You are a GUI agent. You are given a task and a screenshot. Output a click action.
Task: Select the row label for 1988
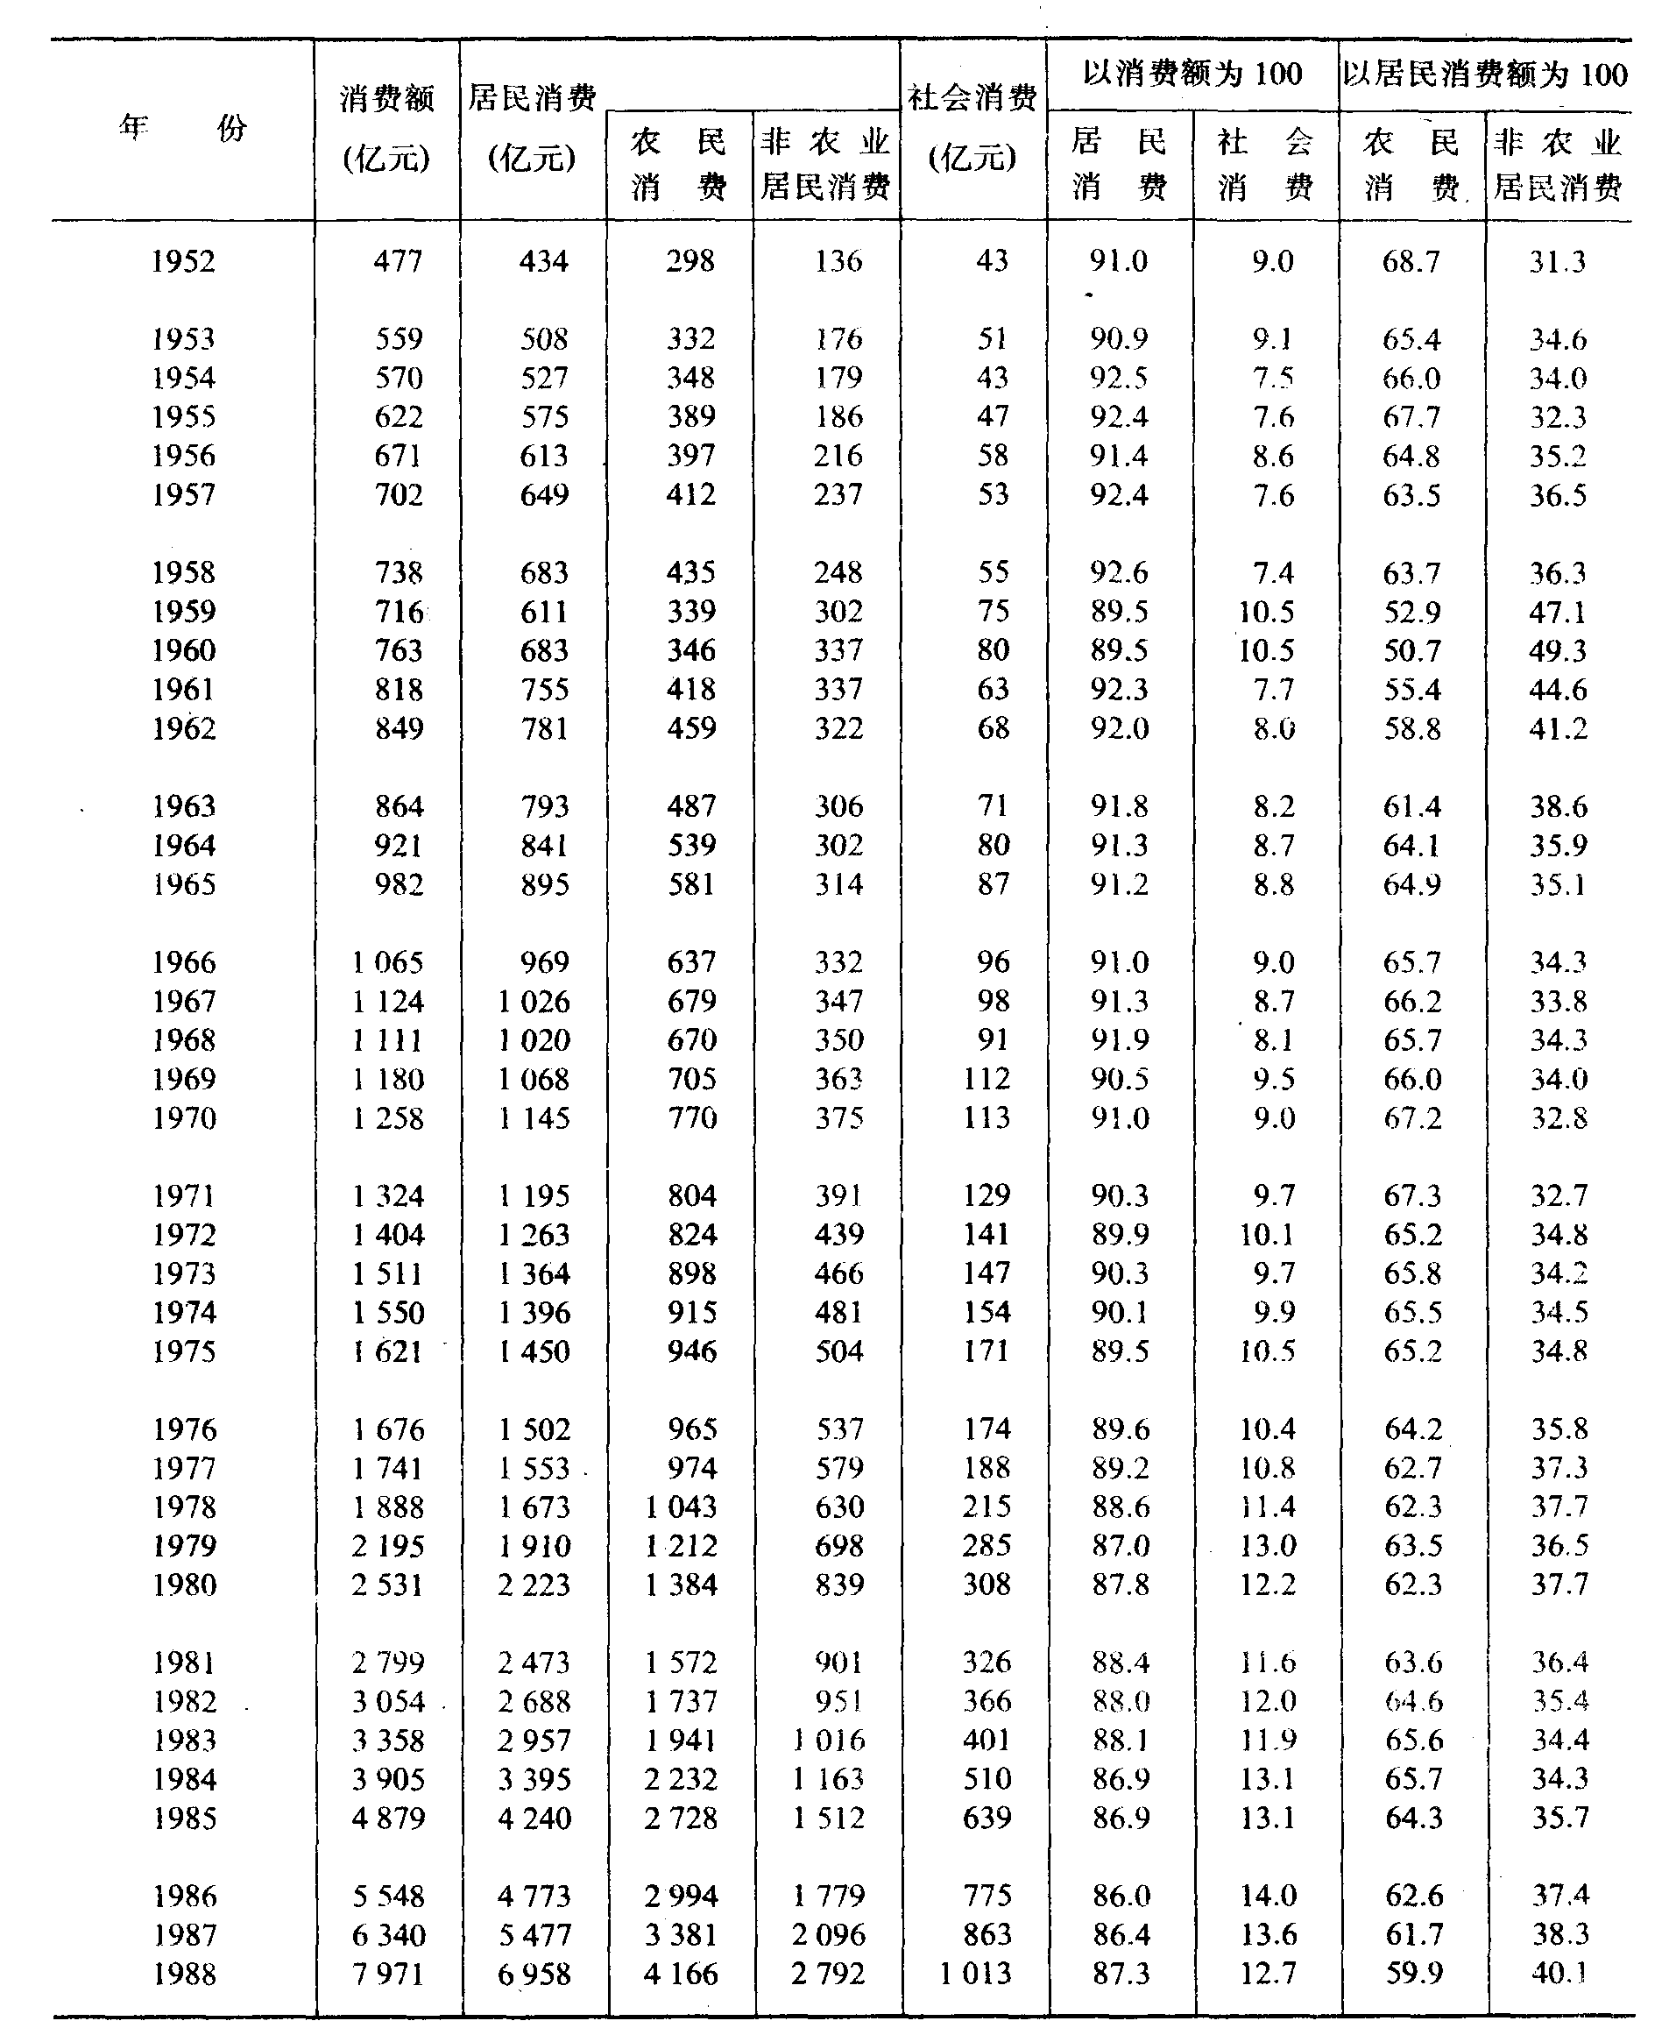pyautogui.click(x=185, y=1975)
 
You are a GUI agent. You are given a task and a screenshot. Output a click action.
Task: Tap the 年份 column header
pyautogui.click(x=182, y=127)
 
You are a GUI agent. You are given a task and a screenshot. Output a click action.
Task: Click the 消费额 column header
pyautogui.click(x=386, y=98)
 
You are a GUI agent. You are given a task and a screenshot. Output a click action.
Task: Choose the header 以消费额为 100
pyautogui.click(x=1192, y=74)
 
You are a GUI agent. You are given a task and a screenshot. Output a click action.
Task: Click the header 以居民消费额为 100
pyautogui.click(x=1485, y=74)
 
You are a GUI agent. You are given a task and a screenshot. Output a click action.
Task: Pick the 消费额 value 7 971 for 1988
pyautogui.click(x=387, y=1975)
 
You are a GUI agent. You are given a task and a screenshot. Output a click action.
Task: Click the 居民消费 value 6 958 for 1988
pyautogui.click(x=534, y=1975)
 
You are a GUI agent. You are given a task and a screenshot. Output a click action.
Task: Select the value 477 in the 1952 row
pyautogui.click(x=397, y=261)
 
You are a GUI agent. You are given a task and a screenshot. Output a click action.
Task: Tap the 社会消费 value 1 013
pyautogui.click(x=975, y=1975)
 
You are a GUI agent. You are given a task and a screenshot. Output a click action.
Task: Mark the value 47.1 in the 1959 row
pyautogui.click(x=1558, y=613)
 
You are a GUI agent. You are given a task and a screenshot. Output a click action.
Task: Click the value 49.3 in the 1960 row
pyautogui.click(x=1558, y=651)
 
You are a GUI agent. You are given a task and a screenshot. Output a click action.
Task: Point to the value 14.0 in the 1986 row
pyautogui.click(x=1268, y=1897)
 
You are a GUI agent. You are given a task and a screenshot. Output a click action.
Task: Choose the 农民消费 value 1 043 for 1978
pyautogui.click(x=681, y=1507)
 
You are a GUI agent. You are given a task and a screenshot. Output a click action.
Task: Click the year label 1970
pyautogui.click(x=185, y=1118)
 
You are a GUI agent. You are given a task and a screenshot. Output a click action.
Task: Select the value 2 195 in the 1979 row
pyautogui.click(x=387, y=1546)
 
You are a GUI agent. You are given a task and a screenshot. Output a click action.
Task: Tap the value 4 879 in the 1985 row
pyautogui.click(x=387, y=1819)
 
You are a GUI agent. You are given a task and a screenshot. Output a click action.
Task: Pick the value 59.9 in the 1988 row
pyautogui.click(x=1413, y=1975)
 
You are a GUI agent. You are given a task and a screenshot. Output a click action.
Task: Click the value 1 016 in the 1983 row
pyautogui.click(x=829, y=1741)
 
